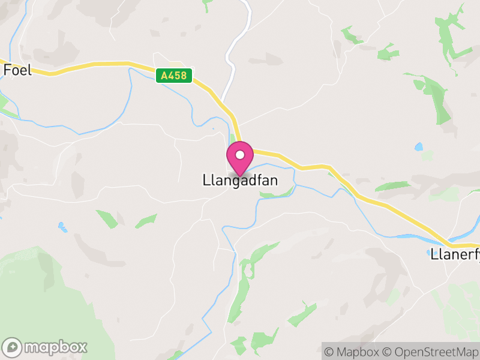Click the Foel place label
[x=17, y=70]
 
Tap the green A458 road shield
[x=173, y=76]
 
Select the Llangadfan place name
[x=240, y=180]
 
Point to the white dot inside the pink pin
[x=240, y=155]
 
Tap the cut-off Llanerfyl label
[x=455, y=254]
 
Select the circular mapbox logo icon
[x=13, y=347]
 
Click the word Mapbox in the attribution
[x=358, y=352]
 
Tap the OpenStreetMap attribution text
[x=433, y=352]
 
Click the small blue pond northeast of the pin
[x=418, y=146]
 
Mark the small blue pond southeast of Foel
[x=62, y=227]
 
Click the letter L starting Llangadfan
[x=206, y=180]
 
